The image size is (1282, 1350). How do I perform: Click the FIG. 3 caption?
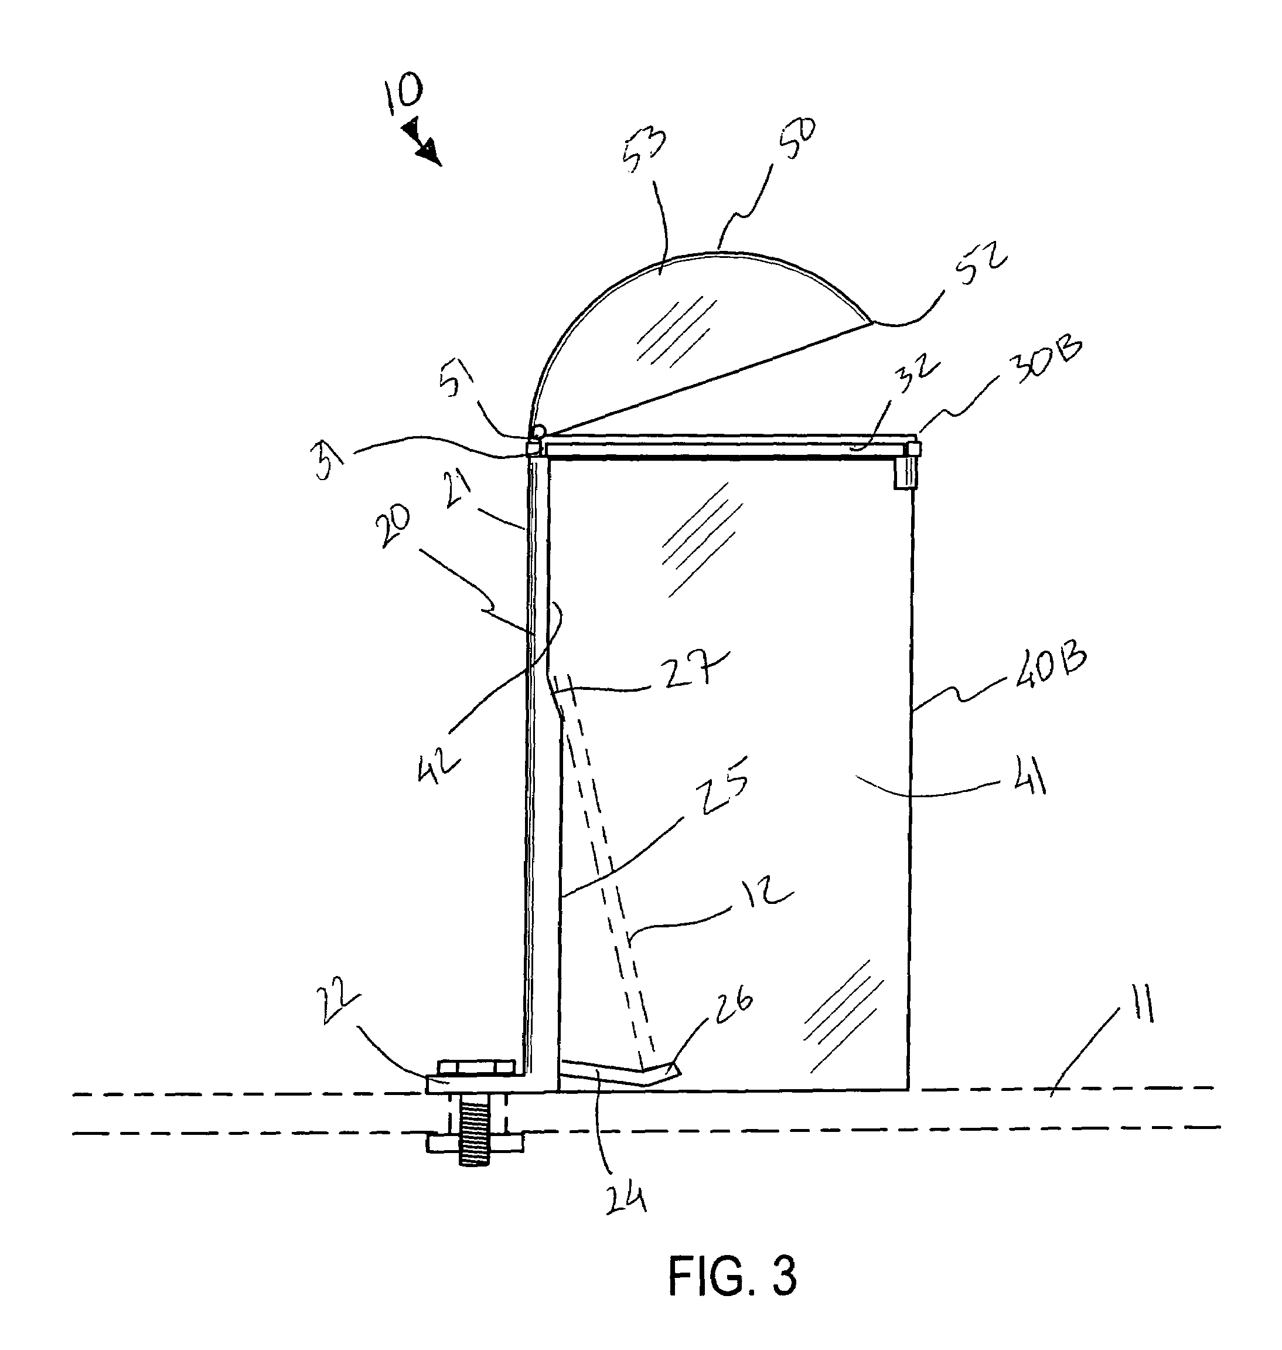point(732,1276)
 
